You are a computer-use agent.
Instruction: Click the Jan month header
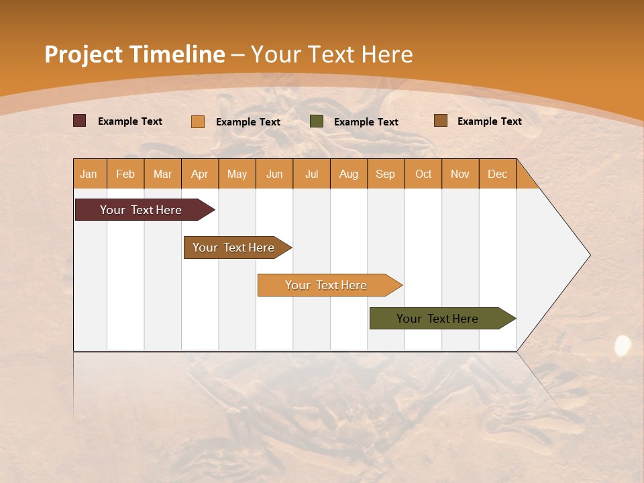pos(89,174)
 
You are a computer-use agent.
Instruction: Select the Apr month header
pos(200,174)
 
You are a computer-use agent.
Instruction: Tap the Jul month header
pos(312,174)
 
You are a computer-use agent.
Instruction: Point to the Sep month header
pos(386,174)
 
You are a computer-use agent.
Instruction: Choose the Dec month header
pos(498,174)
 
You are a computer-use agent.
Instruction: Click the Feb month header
pos(125,174)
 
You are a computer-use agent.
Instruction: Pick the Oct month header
pos(423,174)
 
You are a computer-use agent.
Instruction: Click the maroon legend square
pos(79,121)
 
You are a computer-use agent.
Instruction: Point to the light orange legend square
pos(197,121)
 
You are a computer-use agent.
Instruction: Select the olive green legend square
pos(317,121)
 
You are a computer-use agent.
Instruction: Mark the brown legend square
pos(440,121)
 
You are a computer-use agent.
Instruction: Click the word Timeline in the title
pos(177,54)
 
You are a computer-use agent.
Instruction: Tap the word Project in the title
pos(83,54)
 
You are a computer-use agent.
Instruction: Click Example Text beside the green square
pos(366,122)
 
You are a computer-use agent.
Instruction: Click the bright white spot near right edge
pos(623,345)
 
